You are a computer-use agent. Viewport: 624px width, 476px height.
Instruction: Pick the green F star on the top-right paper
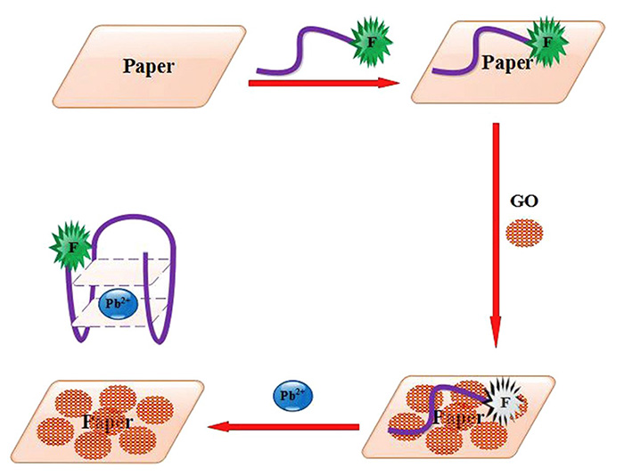pyautogui.click(x=546, y=41)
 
